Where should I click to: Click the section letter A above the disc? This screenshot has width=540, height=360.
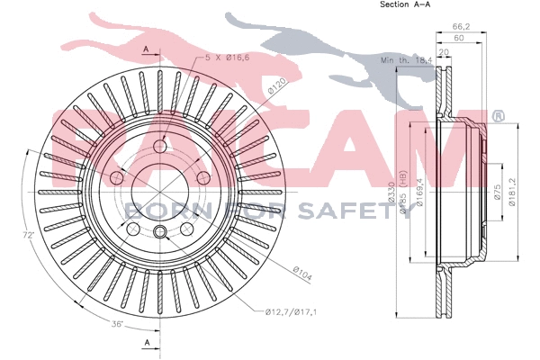(x=146, y=45)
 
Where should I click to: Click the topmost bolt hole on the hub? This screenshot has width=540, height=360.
(x=160, y=148)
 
